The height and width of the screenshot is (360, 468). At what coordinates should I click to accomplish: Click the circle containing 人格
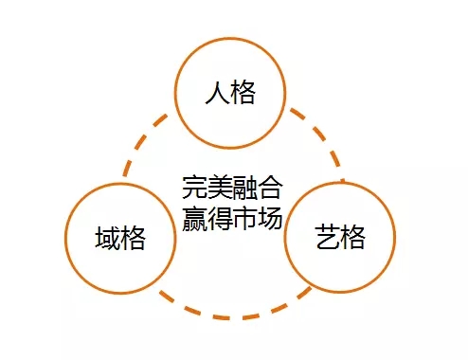(x=231, y=93)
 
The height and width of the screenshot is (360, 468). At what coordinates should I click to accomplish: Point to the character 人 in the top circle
(x=217, y=94)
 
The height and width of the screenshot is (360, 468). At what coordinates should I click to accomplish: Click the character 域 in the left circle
(x=107, y=238)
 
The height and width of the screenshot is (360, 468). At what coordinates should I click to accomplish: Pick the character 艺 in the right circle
(x=326, y=238)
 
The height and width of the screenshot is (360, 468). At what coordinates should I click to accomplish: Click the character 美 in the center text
(x=219, y=186)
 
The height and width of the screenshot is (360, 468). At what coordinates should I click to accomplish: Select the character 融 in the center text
(x=244, y=186)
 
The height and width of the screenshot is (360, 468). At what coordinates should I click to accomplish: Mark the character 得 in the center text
(x=219, y=217)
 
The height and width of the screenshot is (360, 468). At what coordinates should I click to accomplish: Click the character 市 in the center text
(x=244, y=217)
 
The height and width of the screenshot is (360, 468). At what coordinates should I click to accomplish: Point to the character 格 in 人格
(x=244, y=94)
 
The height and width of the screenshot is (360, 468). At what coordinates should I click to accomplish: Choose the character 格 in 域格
(x=134, y=238)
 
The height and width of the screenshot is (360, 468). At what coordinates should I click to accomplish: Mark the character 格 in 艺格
(x=352, y=238)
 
